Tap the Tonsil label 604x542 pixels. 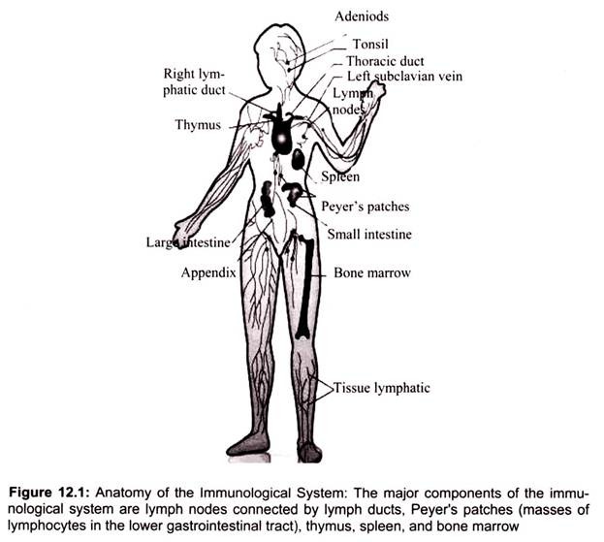[371, 44]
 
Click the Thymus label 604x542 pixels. [198, 126]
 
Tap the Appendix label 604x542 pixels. [208, 273]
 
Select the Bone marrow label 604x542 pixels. [372, 273]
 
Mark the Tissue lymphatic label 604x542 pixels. [382, 388]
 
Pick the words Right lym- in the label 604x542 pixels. [194, 75]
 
